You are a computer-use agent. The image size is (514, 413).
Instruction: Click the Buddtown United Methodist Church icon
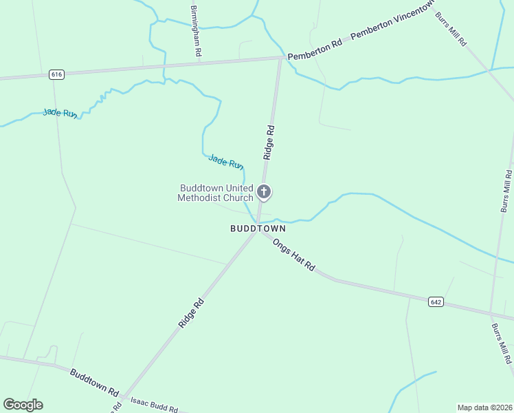point(264,192)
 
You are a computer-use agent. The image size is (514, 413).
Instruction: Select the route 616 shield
point(56,74)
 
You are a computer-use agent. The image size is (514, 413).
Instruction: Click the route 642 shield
point(436,301)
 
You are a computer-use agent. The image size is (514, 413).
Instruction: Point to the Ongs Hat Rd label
point(293,254)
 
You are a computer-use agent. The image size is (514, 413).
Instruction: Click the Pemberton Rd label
point(315,50)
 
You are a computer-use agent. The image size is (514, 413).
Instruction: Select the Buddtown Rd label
point(94,382)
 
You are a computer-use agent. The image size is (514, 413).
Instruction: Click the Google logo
point(23,405)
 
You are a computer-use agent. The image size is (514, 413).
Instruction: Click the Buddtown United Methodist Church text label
point(216,193)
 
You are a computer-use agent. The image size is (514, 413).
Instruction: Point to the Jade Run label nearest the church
point(226,162)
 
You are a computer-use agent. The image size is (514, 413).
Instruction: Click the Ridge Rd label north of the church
point(269,142)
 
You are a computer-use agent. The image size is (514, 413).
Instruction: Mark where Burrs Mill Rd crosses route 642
point(492,311)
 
